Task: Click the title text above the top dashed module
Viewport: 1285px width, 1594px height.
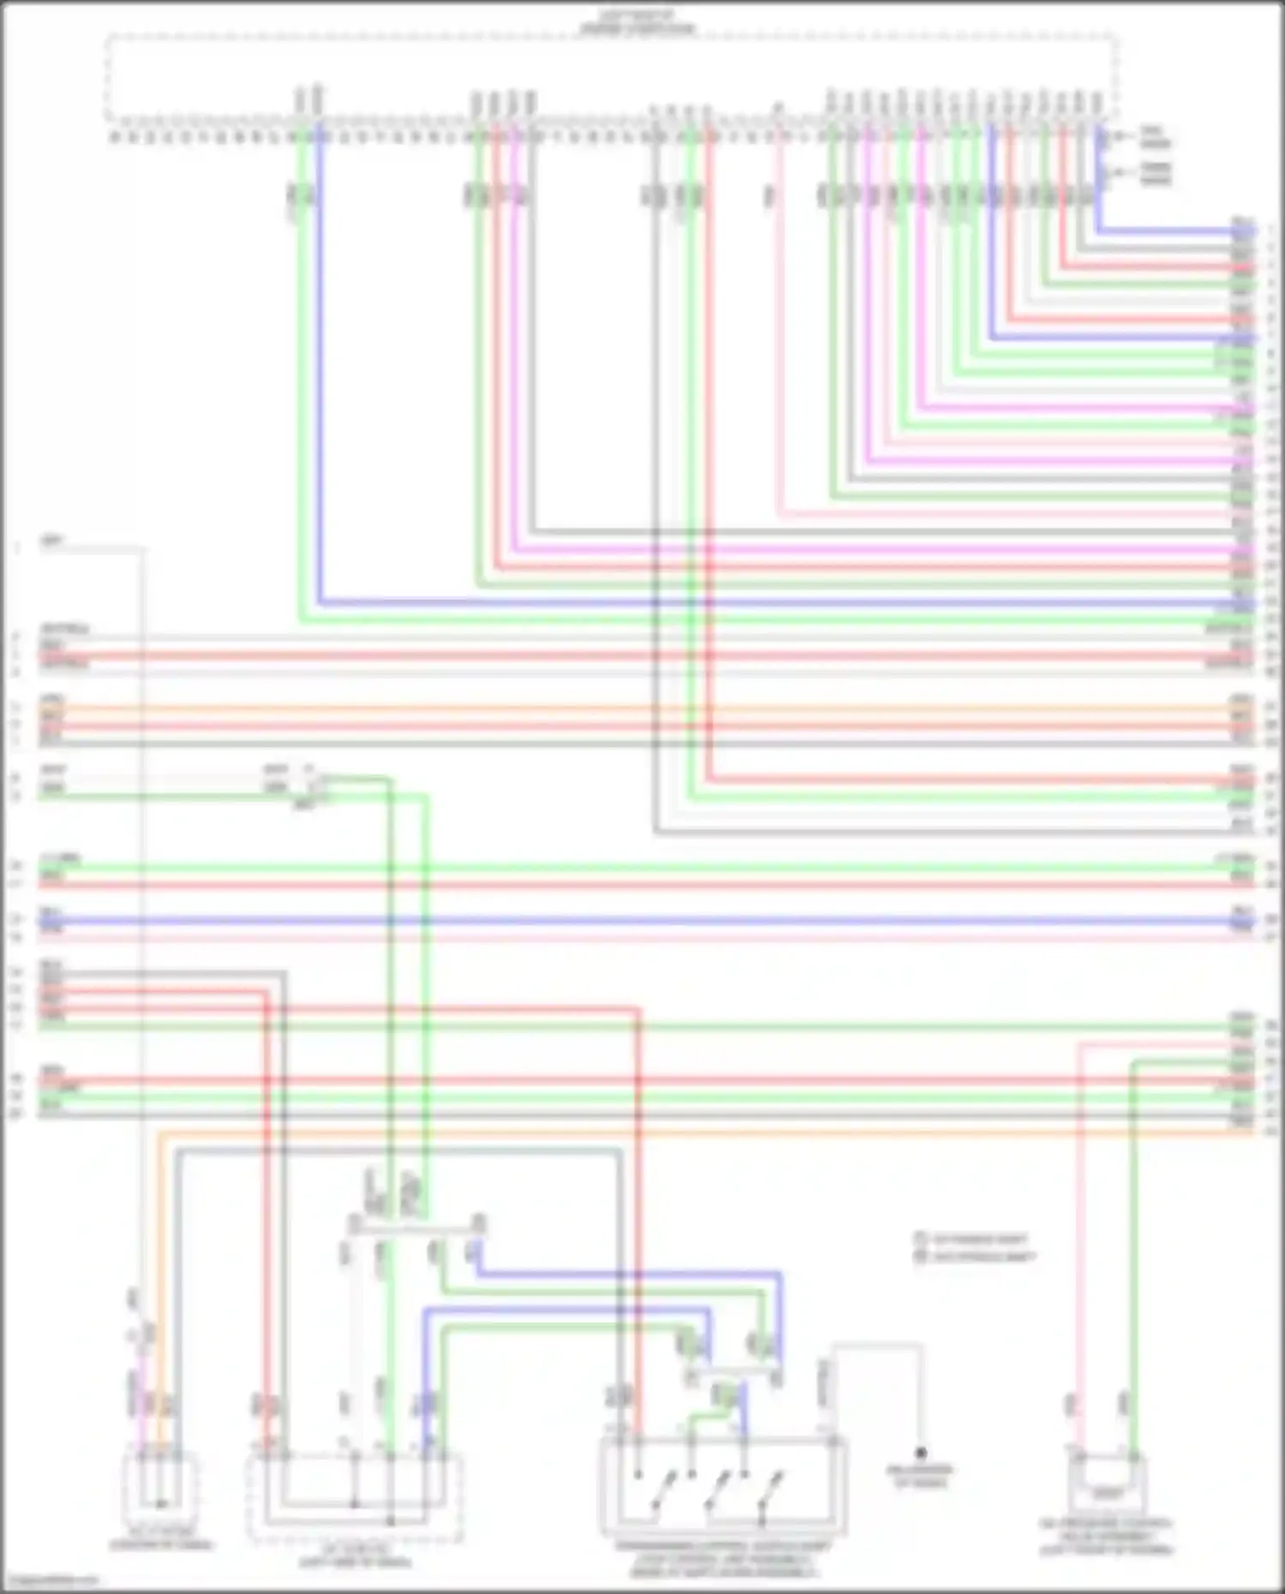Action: tap(638, 22)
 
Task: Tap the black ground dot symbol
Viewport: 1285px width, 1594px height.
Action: tap(921, 1453)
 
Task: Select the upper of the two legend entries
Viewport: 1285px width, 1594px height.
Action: tap(972, 1239)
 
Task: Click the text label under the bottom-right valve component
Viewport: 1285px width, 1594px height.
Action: tap(1107, 1537)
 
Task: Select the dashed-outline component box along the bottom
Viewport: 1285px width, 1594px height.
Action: tap(355, 1495)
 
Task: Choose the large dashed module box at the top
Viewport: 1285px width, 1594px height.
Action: tap(612, 77)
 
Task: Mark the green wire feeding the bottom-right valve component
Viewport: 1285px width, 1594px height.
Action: tap(1133, 1242)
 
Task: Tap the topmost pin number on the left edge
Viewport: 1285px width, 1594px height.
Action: tap(16, 545)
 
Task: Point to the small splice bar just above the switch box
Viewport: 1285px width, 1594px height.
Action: tap(732, 1371)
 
